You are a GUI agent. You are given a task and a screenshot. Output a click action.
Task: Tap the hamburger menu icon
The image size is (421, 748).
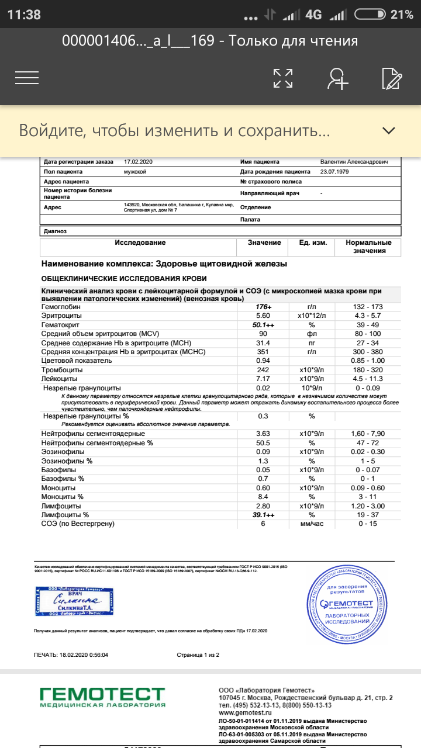point(27,78)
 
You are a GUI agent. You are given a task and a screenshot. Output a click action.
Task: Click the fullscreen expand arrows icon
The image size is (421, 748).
point(283,78)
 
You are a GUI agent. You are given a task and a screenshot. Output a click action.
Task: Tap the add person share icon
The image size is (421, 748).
point(337,78)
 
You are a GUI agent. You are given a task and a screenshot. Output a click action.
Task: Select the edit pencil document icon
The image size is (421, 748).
point(391,78)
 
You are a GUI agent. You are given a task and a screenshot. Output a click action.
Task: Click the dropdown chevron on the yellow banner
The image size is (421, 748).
point(389,130)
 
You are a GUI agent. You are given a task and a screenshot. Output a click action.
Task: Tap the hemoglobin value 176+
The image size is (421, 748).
point(264,307)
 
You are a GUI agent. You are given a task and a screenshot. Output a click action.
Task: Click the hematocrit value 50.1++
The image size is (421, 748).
point(264,325)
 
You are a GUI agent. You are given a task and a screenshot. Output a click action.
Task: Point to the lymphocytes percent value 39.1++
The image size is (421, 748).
point(264,515)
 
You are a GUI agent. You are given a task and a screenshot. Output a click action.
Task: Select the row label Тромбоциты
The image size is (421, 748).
point(63,370)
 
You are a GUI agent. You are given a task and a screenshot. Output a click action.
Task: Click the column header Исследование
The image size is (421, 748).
point(140,243)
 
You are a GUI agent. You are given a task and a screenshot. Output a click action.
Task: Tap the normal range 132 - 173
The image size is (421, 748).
point(368,307)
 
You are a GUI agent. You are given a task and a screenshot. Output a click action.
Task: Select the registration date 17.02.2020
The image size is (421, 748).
point(138,161)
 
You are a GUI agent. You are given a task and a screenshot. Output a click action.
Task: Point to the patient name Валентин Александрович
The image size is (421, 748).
point(353,161)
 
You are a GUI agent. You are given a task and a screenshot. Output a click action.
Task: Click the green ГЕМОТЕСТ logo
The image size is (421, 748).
point(102,697)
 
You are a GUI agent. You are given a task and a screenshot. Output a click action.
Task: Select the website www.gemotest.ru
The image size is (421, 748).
point(245,713)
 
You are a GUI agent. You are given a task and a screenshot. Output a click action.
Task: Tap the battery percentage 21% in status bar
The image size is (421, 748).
point(402,15)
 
